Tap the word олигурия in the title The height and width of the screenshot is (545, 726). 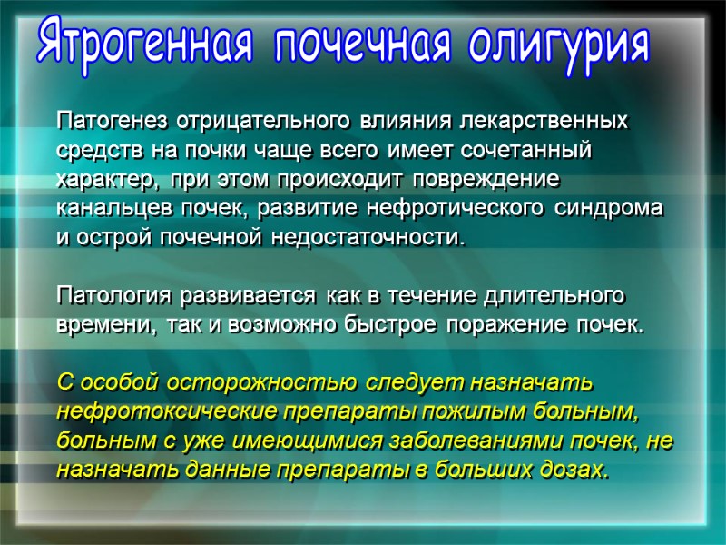click(x=560, y=45)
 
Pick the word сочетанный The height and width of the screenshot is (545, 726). click(x=542, y=149)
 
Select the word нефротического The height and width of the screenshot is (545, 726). click(x=456, y=208)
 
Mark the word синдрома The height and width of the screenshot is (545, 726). click(x=609, y=208)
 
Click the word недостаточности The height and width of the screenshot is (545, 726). click(x=367, y=238)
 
